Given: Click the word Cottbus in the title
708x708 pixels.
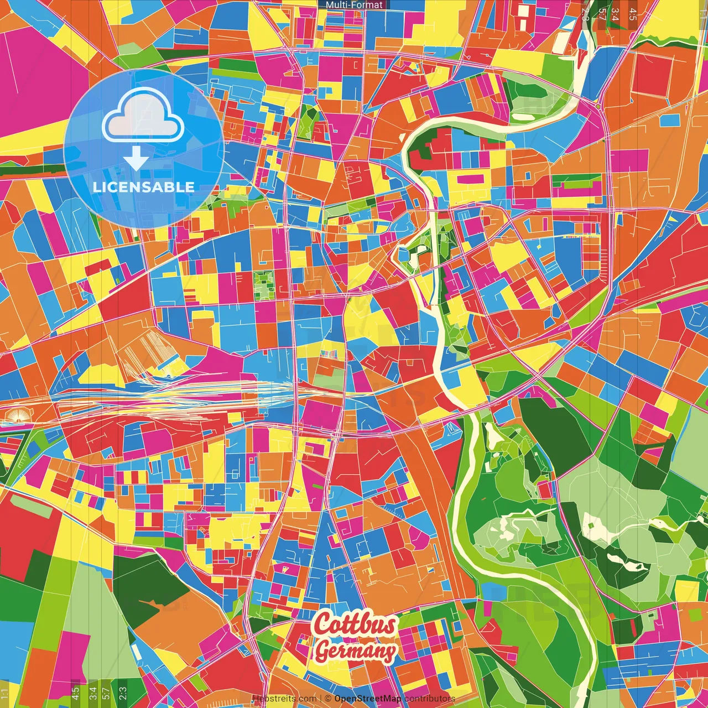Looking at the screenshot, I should tap(355, 624).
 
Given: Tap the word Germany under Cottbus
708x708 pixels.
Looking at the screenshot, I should tap(356, 650).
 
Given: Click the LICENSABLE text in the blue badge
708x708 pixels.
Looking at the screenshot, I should tap(144, 187).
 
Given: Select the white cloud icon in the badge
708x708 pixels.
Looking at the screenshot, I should tap(143, 118).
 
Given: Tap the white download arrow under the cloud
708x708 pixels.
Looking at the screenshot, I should tap(136, 159).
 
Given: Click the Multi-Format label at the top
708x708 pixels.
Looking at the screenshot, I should tap(354, 5).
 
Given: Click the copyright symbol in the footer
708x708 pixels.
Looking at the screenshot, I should tap(328, 699).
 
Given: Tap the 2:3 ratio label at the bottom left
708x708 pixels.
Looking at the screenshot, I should tap(123, 693).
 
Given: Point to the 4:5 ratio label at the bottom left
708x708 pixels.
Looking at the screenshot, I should tap(75, 693).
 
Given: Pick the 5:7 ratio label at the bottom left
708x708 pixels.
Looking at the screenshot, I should tap(106, 693).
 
